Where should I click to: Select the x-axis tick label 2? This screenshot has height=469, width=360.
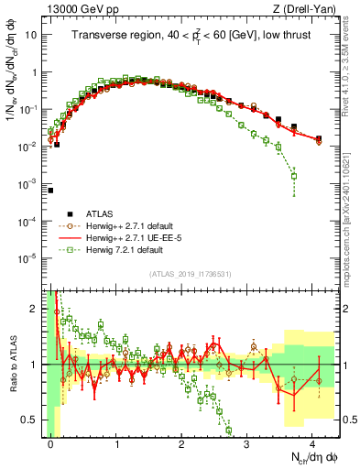[x=182, y=442]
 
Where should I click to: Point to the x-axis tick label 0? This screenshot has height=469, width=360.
[x=51, y=442]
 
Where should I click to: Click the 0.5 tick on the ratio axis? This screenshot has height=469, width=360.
[x=32, y=420]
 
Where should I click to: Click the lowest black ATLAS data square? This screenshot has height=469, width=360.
[x=50, y=191]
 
